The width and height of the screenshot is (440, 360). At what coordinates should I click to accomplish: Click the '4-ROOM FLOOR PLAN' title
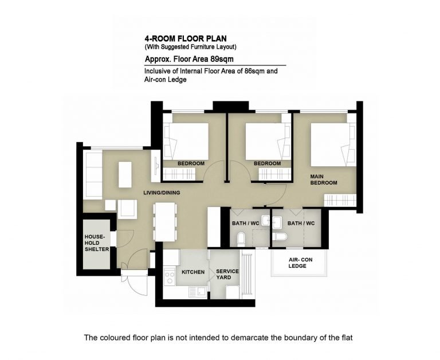[186, 38]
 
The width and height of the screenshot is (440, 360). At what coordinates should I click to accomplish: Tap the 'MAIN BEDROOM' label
[324, 180]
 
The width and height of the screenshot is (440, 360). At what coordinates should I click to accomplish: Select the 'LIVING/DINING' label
[162, 193]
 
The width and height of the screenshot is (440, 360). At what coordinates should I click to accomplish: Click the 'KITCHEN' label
[193, 272]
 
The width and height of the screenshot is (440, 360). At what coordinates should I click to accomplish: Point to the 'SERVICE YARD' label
[227, 275]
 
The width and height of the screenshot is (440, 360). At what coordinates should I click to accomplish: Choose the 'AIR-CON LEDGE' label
[300, 263]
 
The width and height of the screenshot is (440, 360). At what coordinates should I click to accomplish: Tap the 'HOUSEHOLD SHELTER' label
[96, 243]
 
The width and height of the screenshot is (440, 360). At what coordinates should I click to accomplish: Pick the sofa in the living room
[93, 175]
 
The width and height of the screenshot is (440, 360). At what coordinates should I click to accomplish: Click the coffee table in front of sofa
[125, 174]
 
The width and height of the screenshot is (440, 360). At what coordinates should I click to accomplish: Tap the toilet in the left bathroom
[241, 238]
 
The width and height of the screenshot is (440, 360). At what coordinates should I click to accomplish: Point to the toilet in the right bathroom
[280, 237]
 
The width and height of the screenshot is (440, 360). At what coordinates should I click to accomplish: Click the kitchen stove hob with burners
[170, 276]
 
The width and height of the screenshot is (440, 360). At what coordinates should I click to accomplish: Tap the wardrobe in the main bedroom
[340, 201]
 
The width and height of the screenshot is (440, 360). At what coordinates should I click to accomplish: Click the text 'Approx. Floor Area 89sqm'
[189, 59]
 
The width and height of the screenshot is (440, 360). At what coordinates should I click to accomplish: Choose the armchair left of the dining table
[127, 209]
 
